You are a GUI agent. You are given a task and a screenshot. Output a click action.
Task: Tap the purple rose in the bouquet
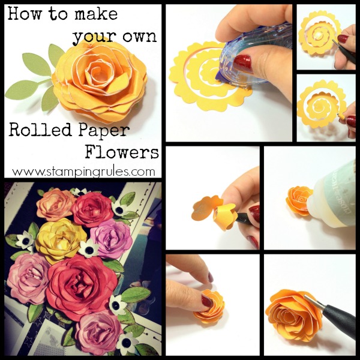(113, 238)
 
